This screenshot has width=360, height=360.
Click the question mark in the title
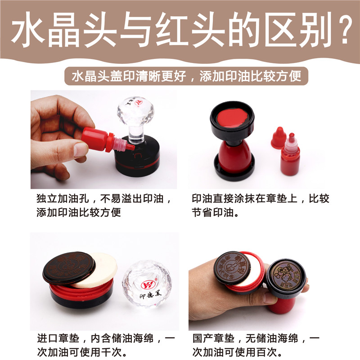[x=341, y=30]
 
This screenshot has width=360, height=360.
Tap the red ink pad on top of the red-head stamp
[x=232, y=118]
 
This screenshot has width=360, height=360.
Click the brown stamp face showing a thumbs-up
[x=232, y=267]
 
